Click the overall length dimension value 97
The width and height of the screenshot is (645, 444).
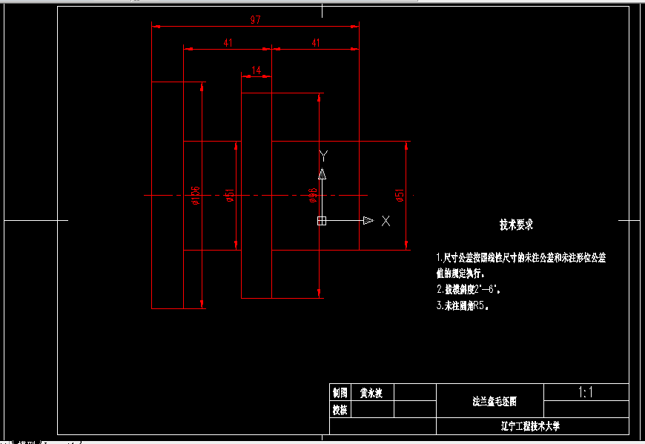click(255, 21)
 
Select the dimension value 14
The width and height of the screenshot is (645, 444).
click(257, 70)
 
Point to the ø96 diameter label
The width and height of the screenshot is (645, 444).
click(313, 195)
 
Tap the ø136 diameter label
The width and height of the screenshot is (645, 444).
click(196, 196)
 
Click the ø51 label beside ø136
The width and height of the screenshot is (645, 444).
click(231, 195)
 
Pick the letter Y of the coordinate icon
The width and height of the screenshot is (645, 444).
click(322, 155)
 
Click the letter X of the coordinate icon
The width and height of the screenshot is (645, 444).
click(386, 221)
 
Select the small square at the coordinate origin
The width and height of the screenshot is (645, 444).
click(322, 221)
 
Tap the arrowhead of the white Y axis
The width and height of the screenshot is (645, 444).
click(322, 174)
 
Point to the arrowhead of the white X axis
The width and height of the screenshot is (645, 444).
click(368, 221)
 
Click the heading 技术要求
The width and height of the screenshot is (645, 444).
click(516, 225)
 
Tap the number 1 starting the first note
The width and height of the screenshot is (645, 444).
click(438, 258)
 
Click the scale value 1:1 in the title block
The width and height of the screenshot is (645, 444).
click(586, 393)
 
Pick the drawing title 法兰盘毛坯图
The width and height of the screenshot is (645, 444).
click(494, 402)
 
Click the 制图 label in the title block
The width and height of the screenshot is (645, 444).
click(340, 393)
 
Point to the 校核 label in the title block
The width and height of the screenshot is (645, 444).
click(340, 409)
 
